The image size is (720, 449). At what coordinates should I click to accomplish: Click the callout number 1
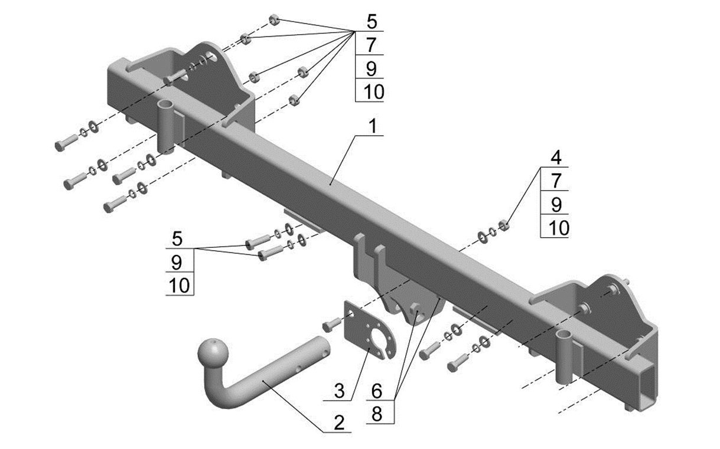[373, 126]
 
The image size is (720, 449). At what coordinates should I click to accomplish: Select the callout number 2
[339, 422]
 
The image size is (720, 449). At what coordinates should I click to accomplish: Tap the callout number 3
[339, 391]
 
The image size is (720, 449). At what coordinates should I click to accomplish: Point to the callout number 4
[556, 158]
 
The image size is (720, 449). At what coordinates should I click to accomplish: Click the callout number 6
[376, 391]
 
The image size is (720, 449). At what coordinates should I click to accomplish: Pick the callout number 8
[377, 414]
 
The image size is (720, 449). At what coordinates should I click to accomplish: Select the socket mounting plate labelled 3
[370, 330]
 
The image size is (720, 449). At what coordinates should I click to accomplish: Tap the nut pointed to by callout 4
[504, 225]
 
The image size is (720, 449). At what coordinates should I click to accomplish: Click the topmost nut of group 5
[274, 20]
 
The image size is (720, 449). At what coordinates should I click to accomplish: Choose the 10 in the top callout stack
[373, 91]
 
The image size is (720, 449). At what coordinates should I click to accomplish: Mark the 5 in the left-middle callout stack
[177, 239]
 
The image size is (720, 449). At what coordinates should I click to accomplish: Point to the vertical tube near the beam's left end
[166, 127]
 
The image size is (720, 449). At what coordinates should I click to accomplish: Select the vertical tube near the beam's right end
[564, 356]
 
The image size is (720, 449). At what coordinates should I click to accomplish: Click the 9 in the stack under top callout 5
[371, 68]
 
